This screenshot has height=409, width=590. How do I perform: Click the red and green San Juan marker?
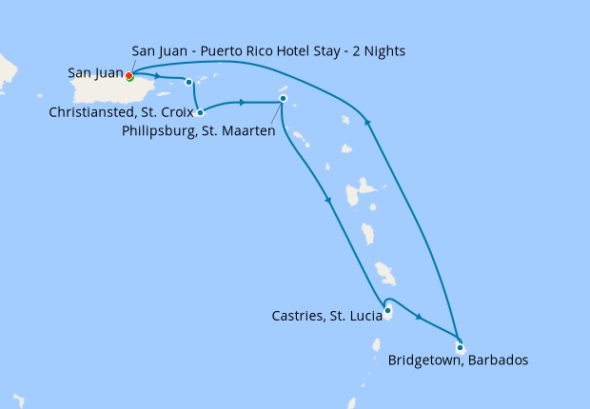point(129,76)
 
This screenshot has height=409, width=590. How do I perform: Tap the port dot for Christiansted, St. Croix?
point(200,112)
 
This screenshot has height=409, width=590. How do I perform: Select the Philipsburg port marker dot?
point(283,99)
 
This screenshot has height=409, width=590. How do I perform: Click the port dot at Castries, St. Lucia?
point(387,310)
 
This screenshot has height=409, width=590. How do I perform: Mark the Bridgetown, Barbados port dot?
point(460,347)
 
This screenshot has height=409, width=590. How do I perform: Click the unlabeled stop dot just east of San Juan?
point(189,82)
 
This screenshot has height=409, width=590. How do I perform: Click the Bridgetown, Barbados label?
point(458,360)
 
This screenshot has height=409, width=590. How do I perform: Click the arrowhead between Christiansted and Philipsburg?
point(244,102)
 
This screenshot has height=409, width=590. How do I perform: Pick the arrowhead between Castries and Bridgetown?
point(419,315)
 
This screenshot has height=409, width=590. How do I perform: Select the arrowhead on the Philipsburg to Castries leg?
point(328,200)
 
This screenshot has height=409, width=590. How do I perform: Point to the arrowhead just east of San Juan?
point(158,77)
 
